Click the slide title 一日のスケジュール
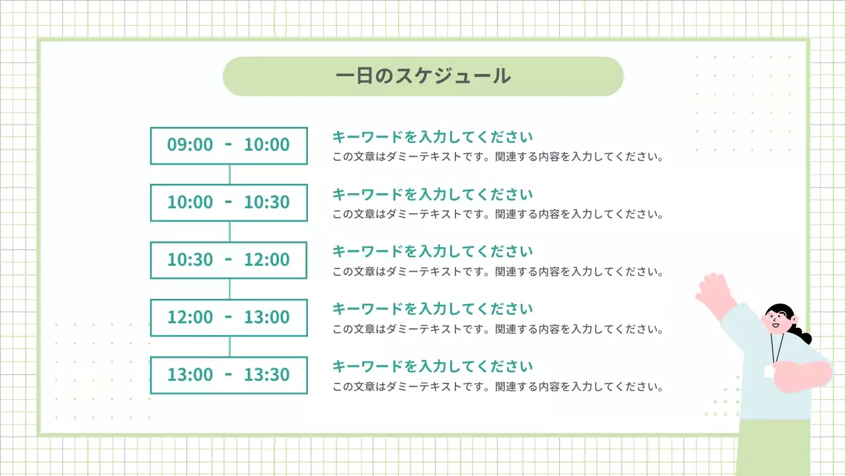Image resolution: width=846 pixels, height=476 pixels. [423, 76]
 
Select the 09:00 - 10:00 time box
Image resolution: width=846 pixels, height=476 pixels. [229, 145]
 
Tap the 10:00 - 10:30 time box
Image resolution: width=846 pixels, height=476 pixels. [229, 202]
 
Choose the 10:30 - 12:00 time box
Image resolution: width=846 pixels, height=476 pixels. [229, 260]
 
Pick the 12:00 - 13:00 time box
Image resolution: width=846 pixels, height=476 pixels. [229, 317]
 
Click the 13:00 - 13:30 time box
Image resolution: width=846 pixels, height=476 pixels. [229, 375]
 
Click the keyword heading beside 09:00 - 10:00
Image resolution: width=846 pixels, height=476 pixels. [432, 137]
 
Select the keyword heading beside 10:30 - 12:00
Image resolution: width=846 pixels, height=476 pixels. [432, 251]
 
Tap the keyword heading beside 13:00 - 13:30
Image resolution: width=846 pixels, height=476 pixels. [432, 366]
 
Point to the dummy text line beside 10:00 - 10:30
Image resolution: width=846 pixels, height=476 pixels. [497, 214]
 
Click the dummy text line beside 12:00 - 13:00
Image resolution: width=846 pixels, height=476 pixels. [497, 329]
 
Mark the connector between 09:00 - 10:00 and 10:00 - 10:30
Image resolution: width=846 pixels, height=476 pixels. [229, 175]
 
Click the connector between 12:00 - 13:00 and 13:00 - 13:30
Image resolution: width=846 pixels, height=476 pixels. [229, 346]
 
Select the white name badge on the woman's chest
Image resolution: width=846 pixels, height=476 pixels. [769, 372]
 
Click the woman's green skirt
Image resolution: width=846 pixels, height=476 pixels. [773, 446]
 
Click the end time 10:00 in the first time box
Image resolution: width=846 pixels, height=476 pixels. [267, 145]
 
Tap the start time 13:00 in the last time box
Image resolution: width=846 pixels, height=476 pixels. [190, 375]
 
